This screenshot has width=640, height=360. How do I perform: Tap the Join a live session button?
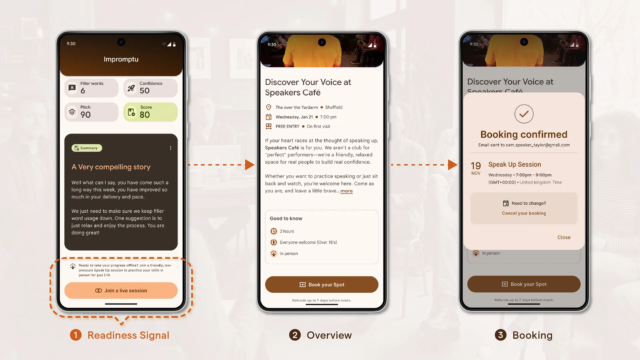pos(121,291)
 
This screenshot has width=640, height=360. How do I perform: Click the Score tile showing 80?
pos(150,112)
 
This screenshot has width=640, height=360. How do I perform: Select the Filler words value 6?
pos(83,91)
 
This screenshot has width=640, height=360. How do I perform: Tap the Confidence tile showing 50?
pos(150,88)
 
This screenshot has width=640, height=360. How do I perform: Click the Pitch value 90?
pos(85,115)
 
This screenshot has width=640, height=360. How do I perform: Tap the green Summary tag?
pos(87,148)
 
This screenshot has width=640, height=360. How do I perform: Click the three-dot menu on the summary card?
pos(171,148)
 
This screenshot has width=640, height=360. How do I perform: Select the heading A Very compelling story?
pos(111,167)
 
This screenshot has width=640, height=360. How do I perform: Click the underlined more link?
pos(346,191)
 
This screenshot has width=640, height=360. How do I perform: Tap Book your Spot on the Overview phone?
pos(322,285)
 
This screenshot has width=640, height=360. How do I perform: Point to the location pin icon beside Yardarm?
pos(269,107)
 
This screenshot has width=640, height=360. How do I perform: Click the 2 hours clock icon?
pos(274,231)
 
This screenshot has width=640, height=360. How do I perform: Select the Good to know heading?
pos(286,219)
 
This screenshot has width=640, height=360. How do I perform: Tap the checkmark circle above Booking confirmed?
pos(524,114)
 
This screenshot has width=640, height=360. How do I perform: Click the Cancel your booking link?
pos(524,213)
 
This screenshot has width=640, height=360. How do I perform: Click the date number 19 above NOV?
pos(476,166)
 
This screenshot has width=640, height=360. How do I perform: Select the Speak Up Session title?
pos(514,164)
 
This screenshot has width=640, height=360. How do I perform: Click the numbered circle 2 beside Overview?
pos(295,335)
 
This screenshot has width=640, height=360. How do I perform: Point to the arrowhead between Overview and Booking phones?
pos(452,165)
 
